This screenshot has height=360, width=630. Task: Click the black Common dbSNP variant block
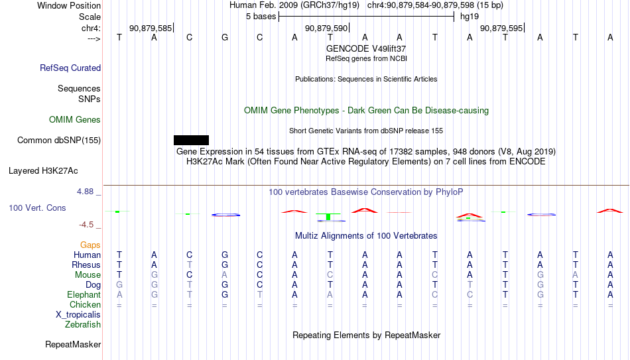pos(191,140)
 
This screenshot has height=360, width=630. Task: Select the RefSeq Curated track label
pos(70,68)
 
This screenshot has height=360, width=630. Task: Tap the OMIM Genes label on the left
pos(75,120)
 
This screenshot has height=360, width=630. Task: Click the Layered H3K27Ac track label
pos(43,171)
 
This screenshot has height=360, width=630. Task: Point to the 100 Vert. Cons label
pos(37,208)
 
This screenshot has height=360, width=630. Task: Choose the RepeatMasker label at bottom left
pos(73,344)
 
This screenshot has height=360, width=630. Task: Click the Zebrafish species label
pos(83,324)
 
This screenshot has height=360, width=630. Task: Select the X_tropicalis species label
pos(78,315)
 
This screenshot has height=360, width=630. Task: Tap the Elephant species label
pos(84,294)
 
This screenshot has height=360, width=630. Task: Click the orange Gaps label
pos(90,245)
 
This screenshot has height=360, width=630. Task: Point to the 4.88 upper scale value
pos(85,192)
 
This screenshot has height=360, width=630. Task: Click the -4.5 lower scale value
pos(86,225)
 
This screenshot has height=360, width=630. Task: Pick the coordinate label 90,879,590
pos(326,28)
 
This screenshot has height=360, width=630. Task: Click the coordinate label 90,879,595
pos(501,28)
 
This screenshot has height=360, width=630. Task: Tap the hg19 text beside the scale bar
pos(470,17)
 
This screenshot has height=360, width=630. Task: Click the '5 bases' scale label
pos(261,17)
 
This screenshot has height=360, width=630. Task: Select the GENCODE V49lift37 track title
pos(366,48)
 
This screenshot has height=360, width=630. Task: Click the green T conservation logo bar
pos(328,217)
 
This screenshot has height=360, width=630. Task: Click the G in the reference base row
pos(225,37)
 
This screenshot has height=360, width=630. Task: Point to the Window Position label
pos(69,5)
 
